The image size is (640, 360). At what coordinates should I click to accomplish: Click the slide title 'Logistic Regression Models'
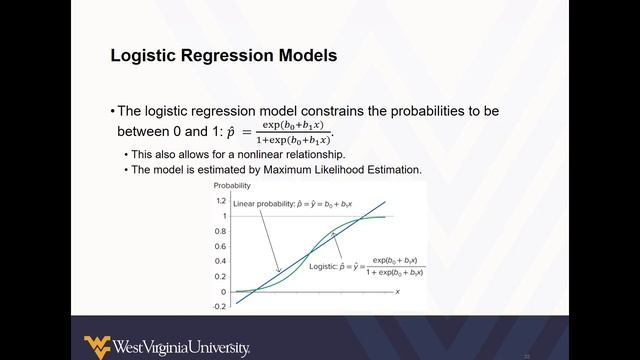point(223,57)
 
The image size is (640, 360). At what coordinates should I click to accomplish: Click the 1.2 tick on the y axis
point(221,200)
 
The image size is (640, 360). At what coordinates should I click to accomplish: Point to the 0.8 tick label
point(221,231)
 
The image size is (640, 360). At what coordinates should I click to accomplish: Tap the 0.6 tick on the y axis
point(221,246)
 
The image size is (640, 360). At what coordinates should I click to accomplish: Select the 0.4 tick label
point(221,261)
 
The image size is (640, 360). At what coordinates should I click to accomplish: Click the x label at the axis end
point(397,291)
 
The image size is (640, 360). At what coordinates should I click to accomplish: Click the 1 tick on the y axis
point(225,216)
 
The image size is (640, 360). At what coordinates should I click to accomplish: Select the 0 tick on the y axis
point(225,292)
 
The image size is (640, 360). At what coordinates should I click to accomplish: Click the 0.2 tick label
point(221,277)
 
